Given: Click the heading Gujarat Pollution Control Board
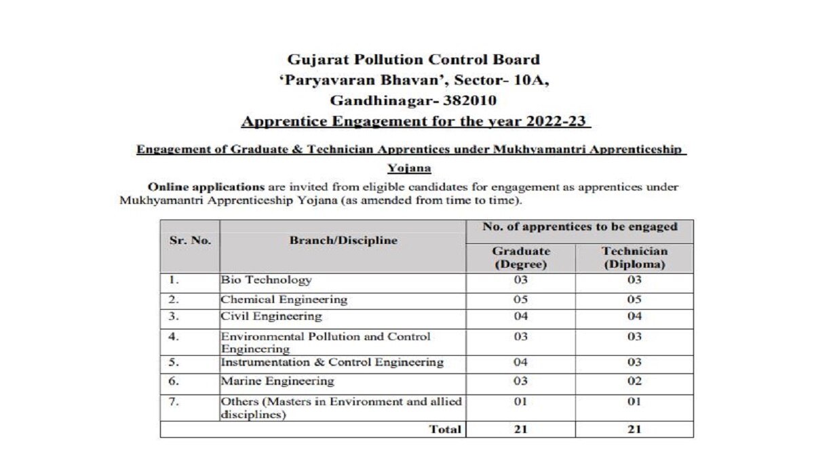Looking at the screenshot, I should tap(413, 60).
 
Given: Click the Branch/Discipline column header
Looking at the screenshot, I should tap(343, 240).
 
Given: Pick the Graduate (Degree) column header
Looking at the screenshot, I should tap(520, 258).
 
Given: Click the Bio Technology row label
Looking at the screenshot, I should tap(266, 279).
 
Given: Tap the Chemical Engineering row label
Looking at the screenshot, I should tap(284, 299).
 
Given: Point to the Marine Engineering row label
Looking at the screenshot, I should tap(277, 381).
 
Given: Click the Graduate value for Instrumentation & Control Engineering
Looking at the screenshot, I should tap(520, 363).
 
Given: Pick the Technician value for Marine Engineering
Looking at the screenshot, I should tap(634, 381).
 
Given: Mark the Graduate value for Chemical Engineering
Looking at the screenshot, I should tap(520, 299).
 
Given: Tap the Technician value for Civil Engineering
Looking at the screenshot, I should tap(634, 316).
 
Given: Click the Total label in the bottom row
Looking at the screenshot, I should tap(446, 429).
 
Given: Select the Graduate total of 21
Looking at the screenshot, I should tap(520, 429).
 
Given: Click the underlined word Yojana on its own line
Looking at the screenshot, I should tap(410, 169).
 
